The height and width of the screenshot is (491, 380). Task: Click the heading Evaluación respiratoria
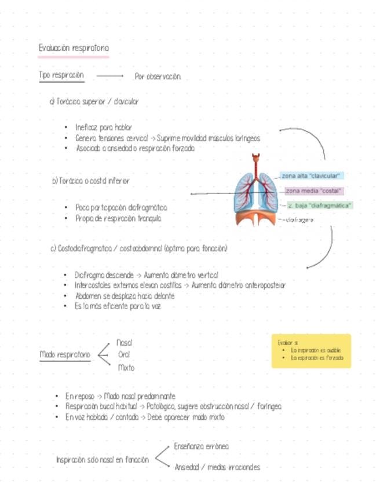(x=74, y=49)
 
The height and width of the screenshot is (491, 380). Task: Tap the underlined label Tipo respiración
(x=61, y=75)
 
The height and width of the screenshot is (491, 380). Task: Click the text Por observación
(x=158, y=76)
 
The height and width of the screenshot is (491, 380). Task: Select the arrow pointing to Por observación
(x=110, y=76)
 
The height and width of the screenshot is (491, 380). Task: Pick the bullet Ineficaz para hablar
(x=104, y=127)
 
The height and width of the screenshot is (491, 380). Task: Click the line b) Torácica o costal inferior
(x=91, y=181)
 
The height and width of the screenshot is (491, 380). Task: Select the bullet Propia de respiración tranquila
(x=118, y=219)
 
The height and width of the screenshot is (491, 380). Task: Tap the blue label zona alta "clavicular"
(x=312, y=175)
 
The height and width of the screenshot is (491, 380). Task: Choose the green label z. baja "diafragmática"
(x=320, y=205)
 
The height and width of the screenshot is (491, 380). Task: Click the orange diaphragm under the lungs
(x=257, y=217)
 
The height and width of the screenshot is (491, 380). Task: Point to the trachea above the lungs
(x=255, y=163)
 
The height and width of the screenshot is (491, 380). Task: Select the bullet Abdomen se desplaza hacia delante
(x=125, y=296)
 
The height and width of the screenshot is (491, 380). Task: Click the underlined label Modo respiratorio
(x=65, y=354)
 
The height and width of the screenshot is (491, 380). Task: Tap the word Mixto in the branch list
(x=126, y=368)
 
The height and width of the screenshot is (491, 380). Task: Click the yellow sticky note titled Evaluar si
(x=311, y=350)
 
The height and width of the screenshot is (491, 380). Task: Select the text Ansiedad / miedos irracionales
(x=217, y=467)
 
